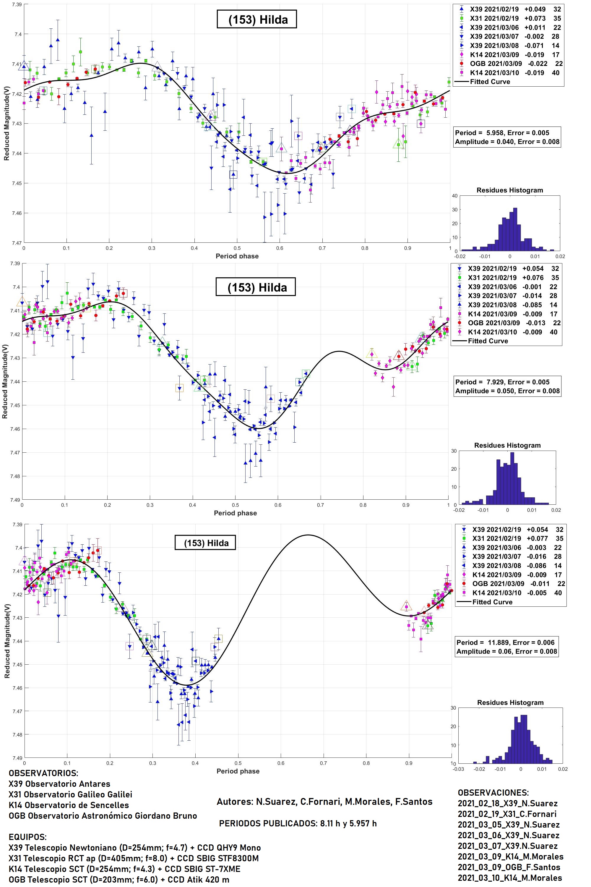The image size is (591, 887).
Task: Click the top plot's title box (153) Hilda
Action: [x=257, y=20]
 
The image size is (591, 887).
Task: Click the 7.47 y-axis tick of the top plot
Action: [x=17, y=243]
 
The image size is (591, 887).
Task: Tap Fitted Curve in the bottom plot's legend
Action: [x=492, y=602]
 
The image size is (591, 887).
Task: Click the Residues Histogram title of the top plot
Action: [x=509, y=190]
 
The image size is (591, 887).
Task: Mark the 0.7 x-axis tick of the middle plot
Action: [x=320, y=505]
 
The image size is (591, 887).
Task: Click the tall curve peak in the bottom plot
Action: [x=308, y=535]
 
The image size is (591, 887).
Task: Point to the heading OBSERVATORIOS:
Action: [x=43, y=773]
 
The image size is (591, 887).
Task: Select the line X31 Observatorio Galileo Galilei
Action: [x=71, y=794]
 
